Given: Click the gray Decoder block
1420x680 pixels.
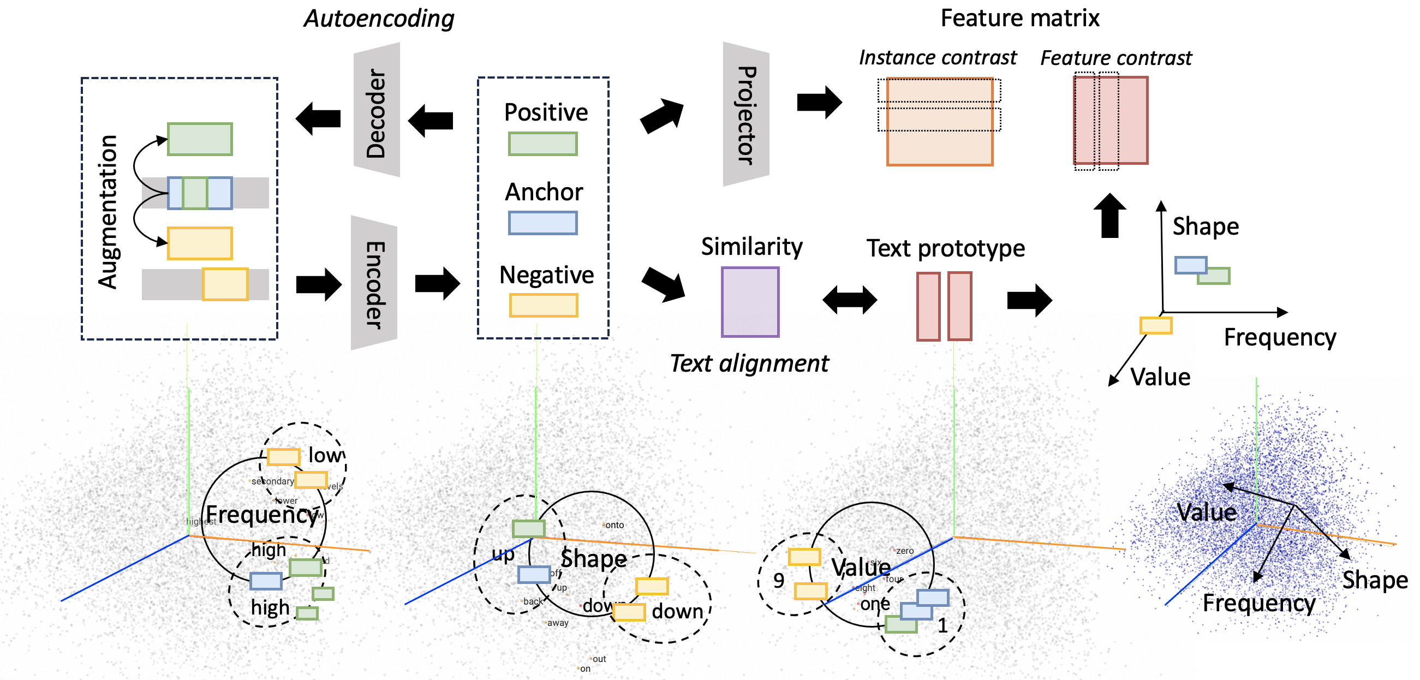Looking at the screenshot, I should tap(377, 110).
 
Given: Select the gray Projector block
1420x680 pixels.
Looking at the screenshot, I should tap(746, 115).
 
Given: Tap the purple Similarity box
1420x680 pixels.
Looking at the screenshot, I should tap(750, 302).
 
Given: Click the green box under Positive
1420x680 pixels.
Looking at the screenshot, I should tap(542, 144).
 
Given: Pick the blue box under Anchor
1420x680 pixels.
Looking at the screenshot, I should tap(542, 223).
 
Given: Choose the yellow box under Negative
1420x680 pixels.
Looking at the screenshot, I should tap(544, 305).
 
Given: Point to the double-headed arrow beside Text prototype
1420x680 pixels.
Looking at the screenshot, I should tap(850, 300).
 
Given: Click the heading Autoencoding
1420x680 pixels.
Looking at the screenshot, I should tap(379, 19).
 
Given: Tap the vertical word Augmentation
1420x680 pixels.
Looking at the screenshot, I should tap(108, 212).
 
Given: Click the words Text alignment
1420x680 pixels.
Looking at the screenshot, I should tap(749, 363).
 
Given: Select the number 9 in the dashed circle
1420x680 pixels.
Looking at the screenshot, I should tap(778, 580).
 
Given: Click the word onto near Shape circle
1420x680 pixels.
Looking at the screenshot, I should tap(614, 525).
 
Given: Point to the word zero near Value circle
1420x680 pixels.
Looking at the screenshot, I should tap(905, 551).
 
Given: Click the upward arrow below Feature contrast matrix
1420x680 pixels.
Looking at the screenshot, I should tap(1109, 216).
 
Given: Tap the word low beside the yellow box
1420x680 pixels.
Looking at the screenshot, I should tap(325, 455).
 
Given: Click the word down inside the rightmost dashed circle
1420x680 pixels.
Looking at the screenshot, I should tap(677, 611).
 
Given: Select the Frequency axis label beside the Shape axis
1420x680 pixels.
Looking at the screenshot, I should tap(1279, 337).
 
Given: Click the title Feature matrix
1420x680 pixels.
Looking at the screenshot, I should tap(1019, 18).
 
